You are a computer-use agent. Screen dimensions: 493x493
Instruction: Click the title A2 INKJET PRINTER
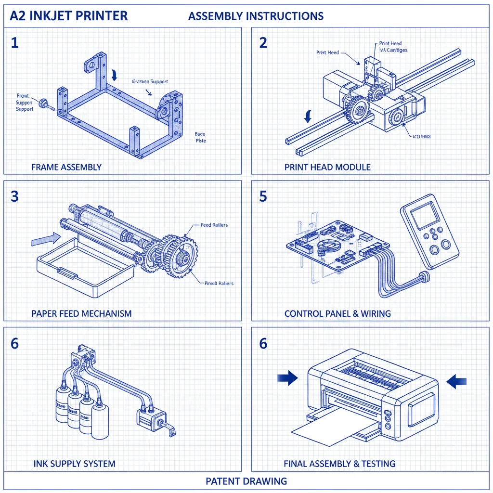point(69,15)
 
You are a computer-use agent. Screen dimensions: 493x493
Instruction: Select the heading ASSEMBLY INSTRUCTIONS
point(256,16)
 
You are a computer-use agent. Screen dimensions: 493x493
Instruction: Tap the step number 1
point(14,43)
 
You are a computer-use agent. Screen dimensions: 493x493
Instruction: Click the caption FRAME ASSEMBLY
point(66,168)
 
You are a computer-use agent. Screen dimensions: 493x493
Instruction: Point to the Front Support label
point(24,103)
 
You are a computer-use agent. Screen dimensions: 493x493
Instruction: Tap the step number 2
point(263,43)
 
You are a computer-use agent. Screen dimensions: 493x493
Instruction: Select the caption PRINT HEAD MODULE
point(327,168)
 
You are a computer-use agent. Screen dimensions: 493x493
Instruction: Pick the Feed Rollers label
point(214,225)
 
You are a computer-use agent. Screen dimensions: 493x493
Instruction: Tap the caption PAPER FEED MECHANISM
point(81,313)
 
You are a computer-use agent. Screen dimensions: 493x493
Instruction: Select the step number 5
point(263,196)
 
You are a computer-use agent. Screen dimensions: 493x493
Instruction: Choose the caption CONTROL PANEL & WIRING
point(337,313)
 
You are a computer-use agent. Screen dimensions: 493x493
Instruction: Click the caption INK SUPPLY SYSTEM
point(74,464)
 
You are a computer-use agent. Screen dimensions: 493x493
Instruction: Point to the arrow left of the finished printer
point(287,379)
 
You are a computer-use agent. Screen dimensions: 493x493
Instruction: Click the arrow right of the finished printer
point(456,381)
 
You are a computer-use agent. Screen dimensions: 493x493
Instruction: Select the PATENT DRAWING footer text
point(246,481)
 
